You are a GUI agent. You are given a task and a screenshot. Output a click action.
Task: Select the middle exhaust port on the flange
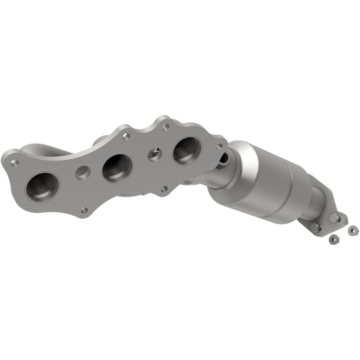pyautogui.click(x=117, y=168)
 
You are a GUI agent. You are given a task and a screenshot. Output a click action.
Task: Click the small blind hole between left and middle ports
pyautogui.click(x=82, y=172)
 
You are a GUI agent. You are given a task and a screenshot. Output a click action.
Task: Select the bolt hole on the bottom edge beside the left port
pyautogui.click(x=84, y=210)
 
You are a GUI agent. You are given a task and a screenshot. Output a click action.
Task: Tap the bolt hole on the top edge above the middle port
pyautogui.click(x=126, y=135)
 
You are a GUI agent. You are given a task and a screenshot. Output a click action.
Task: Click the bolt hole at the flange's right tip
pyautogui.click(x=220, y=147)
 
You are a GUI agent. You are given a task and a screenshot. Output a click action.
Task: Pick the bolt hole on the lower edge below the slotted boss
pyautogui.click(x=165, y=189)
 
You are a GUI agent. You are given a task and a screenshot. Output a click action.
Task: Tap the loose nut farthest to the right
pyautogui.click(x=352, y=230)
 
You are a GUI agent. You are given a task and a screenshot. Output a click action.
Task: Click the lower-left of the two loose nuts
pyautogui.click(x=334, y=237)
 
